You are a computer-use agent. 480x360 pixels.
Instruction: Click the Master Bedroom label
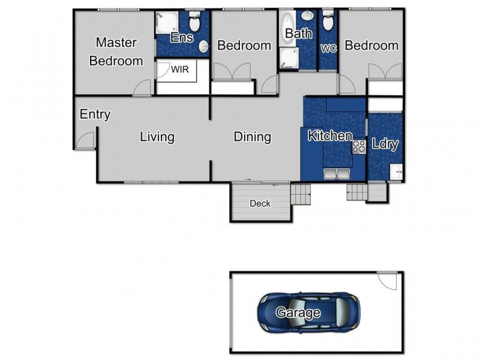click(116, 52)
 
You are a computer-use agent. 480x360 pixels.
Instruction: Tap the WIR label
click(179, 70)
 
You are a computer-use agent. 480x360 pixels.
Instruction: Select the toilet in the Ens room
click(194, 22)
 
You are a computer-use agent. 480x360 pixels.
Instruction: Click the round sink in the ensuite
click(203, 47)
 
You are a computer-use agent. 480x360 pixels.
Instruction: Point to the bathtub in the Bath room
click(287, 29)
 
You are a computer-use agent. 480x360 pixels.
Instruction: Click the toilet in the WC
click(328, 20)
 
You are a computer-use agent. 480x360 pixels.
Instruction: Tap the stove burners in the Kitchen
click(359, 146)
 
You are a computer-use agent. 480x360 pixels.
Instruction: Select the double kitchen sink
click(337, 173)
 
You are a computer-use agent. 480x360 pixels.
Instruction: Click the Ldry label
click(385, 144)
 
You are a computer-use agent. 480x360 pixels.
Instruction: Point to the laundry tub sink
click(396, 172)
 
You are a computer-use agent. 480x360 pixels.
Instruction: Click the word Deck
click(260, 203)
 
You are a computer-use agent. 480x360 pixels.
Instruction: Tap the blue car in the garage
click(308, 312)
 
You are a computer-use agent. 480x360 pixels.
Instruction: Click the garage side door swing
click(386, 280)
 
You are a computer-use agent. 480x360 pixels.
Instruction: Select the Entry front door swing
click(85, 140)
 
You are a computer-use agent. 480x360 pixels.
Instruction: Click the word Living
click(157, 137)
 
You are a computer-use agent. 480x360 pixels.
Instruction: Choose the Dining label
click(252, 137)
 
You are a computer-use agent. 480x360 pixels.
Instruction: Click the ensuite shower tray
click(167, 23)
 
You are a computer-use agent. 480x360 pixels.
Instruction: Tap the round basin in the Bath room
click(307, 14)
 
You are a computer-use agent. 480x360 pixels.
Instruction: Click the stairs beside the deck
click(301, 194)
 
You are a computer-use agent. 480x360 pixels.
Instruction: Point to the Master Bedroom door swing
click(142, 87)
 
